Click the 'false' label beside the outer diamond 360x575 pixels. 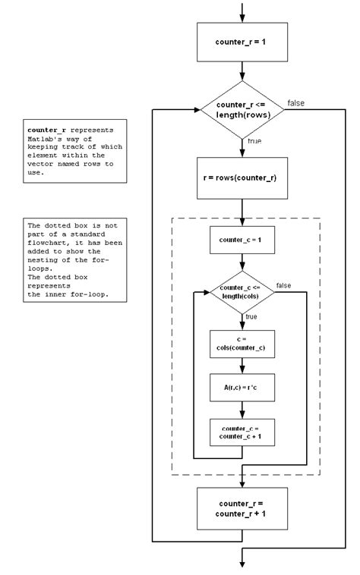coord(297,103)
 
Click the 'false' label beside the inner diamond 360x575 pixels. coord(283,284)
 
